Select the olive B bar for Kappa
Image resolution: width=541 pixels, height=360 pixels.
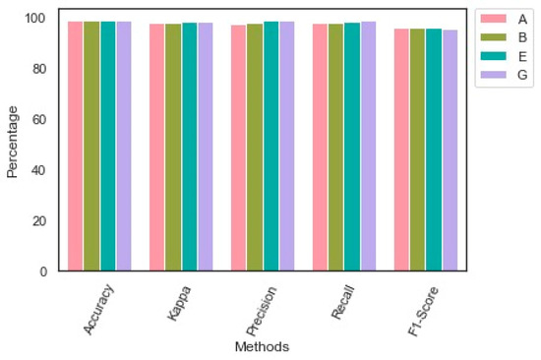click(172, 147)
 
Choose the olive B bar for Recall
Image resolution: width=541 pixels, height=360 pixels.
click(335, 147)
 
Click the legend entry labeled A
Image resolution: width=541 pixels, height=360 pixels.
click(522, 19)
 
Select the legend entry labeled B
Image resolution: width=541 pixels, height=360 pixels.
click(522, 37)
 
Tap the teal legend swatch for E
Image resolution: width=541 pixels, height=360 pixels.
click(493, 56)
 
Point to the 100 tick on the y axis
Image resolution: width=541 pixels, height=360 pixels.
click(36, 19)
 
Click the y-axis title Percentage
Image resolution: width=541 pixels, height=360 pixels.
click(13, 144)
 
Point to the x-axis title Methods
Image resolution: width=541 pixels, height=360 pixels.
click(261, 347)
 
